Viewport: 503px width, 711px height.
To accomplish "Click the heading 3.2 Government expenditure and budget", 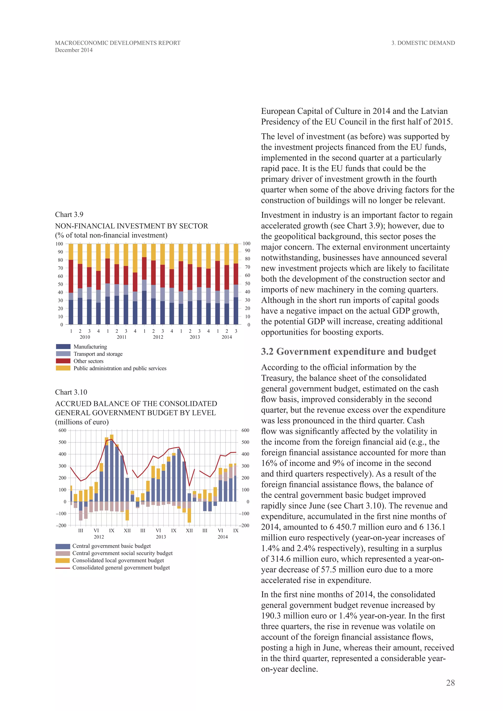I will coord(349,352).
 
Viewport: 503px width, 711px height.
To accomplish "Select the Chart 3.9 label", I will coord(69,215).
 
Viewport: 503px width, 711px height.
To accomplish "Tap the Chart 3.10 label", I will coord(71,392).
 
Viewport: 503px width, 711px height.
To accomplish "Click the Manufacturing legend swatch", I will coord(63,346).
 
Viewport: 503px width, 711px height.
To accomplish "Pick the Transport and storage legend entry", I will coord(98,354).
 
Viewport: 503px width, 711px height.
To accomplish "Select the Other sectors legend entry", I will coord(88,361).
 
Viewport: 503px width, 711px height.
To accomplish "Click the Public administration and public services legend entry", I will coord(120,368).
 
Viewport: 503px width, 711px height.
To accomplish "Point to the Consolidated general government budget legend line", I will coord(63,568).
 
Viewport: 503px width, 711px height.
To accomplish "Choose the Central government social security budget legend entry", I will coord(122,553).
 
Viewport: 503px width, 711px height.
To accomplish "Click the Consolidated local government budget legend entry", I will coord(118,560).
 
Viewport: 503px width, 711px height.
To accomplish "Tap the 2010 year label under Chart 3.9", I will coord(85,337).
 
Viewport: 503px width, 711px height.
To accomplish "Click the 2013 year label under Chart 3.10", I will coord(161,537).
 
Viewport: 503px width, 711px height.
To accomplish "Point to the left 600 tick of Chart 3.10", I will coord(62,430).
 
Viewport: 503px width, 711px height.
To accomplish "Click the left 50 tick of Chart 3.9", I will coord(60,284).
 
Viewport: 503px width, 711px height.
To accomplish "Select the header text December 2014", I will coord(74,50).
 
